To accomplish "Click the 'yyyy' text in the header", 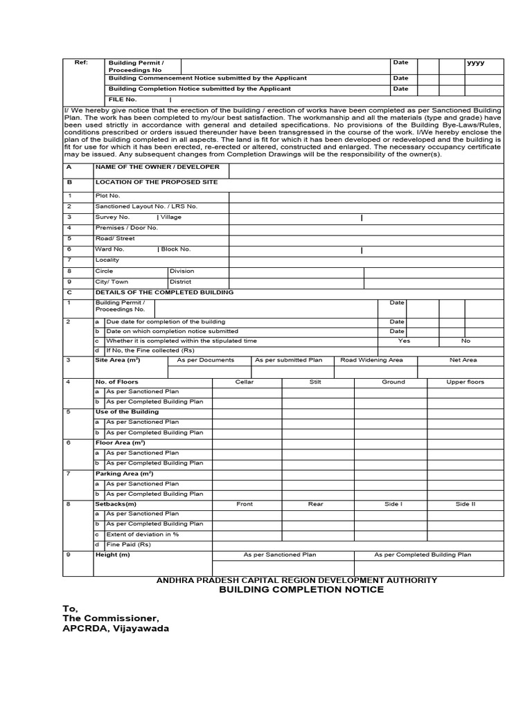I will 476,63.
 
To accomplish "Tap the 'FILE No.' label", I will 123,100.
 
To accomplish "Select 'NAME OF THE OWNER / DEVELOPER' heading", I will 157,167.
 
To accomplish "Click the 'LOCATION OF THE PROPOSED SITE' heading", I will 156,182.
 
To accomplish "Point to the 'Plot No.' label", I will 107,196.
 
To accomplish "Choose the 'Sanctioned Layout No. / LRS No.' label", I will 146,206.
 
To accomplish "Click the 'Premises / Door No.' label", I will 127,227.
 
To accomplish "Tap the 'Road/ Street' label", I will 115,238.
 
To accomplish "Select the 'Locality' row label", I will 107,260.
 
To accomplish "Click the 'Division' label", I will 182,271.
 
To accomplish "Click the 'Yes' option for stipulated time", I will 404,341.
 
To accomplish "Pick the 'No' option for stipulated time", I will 465,341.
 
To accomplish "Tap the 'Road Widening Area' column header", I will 371,360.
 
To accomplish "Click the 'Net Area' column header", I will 463,360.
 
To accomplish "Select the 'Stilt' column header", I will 315,382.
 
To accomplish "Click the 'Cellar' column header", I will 245,382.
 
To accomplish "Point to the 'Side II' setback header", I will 465,504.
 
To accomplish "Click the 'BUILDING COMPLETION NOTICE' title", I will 301,590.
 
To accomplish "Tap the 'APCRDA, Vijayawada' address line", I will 116,629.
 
